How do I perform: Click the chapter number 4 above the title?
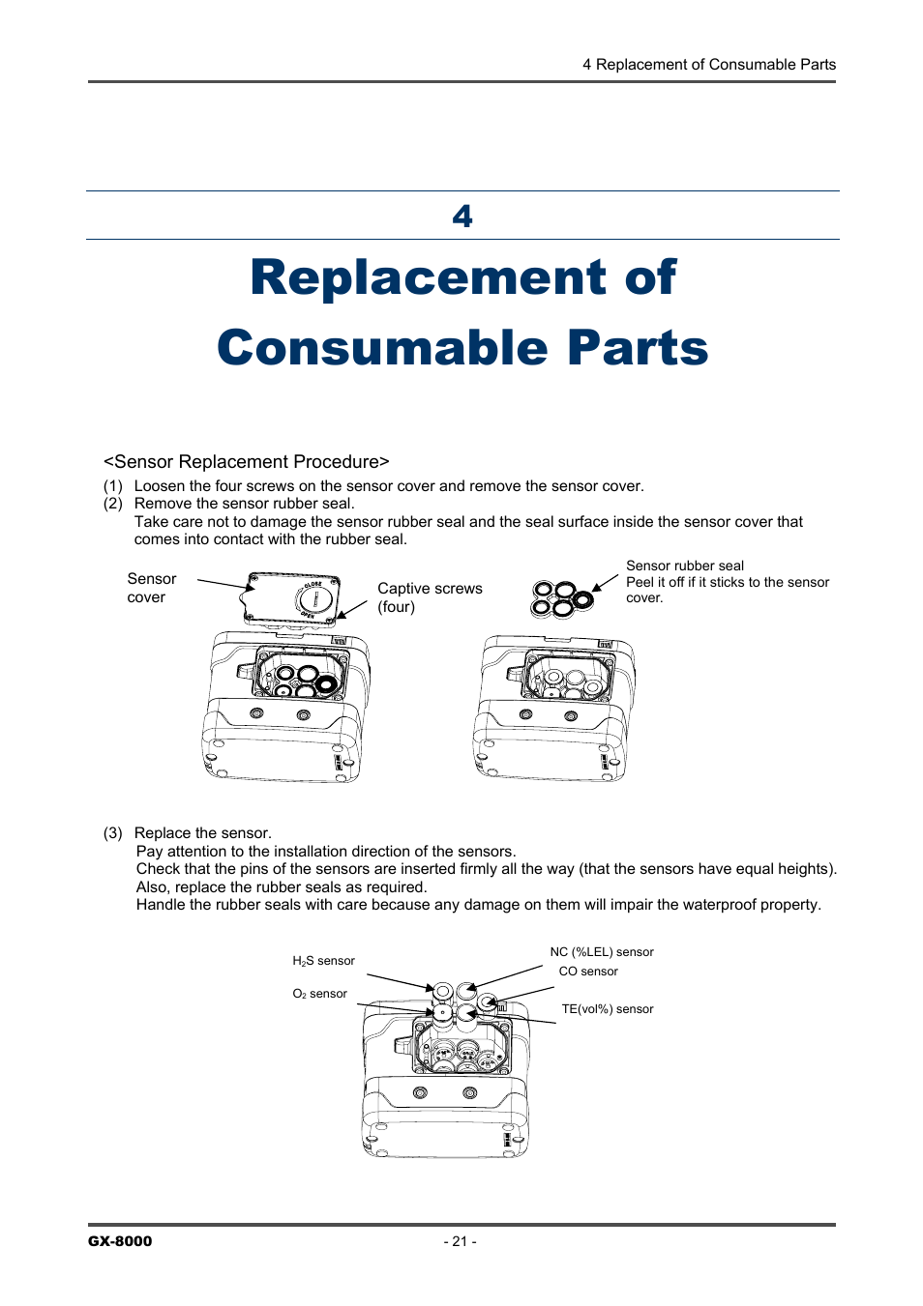(462, 216)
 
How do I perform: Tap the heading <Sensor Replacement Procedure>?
(246, 462)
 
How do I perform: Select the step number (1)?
(113, 486)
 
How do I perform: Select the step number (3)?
(113, 833)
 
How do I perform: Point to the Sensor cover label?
(151, 588)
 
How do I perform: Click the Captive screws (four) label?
(429, 597)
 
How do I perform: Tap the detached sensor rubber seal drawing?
(560, 598)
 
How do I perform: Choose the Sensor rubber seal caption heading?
(684, 566)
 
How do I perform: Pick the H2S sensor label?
(323, 961)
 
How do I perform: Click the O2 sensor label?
(319, 994)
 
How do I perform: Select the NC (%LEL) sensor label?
(601, 952)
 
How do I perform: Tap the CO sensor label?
(587, 972)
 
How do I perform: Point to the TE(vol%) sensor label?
(607, 1009)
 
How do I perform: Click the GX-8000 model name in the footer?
(120, 1241)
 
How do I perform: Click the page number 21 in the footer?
(460, 1241)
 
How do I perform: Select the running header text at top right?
(708, 65)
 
